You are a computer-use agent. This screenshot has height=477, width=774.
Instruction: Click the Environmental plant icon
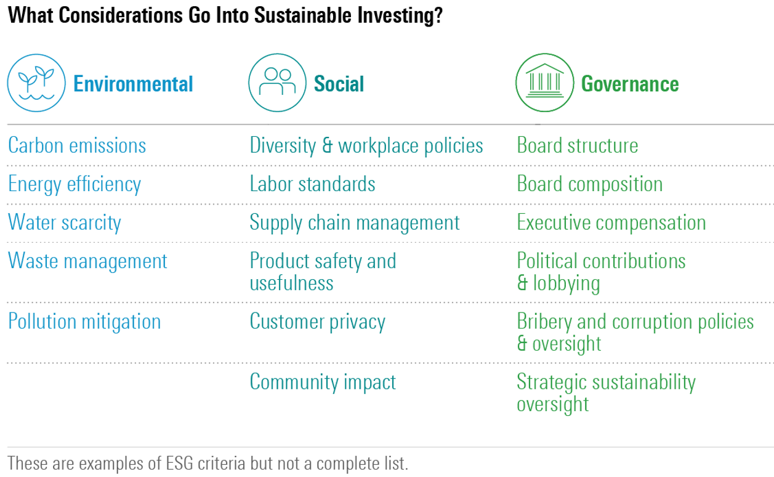(x=36, y=83)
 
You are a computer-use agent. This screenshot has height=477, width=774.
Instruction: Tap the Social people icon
(x=277, y=83)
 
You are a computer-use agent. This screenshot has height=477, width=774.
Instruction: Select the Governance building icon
(x=544, y=83)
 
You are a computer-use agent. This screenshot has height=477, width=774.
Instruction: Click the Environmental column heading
(x=133, y=84)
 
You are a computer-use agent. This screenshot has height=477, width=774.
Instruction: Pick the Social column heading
(x=339, y=84)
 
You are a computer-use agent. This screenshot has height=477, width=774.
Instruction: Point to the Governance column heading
(x=630, y=84)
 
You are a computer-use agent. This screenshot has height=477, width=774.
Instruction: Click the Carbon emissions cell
(x=77, y=145)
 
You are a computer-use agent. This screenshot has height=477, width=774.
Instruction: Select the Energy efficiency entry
(x=75, y=184)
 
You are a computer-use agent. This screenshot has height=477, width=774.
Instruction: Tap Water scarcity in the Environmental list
(x=65, y=222)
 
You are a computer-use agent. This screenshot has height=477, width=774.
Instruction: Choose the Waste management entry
(x=88, y=261)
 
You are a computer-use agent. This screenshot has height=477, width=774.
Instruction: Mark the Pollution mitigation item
(x=84, y=322)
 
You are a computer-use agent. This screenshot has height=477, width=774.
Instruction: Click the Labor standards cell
(x=312, y=184)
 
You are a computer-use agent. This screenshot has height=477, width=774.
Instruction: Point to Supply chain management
(x=355, y=222)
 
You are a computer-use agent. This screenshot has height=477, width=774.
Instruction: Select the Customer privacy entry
(x=318, y=322)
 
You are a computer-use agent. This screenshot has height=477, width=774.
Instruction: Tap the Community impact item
(x=323, y=383)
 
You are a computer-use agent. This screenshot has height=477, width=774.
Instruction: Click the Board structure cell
(x=578, y=145)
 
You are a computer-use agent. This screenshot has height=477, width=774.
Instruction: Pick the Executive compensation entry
(x=611, y=222)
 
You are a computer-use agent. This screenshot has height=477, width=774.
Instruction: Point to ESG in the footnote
(x=179, y=463)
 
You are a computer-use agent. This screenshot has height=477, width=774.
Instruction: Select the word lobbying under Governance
(x=566, y=284)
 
